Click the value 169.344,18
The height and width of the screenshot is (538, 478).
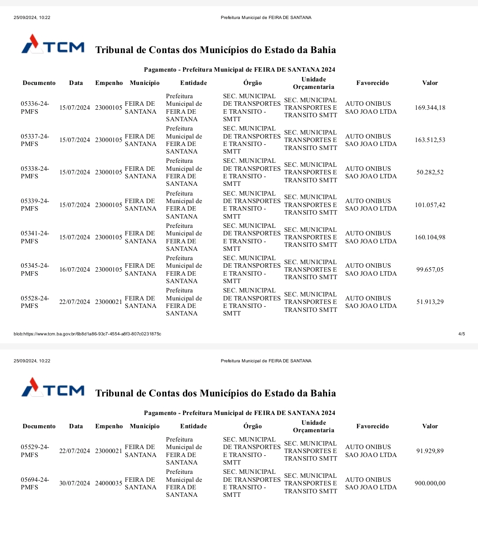click(430, 108)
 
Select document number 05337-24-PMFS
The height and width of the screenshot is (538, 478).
click(35, 140)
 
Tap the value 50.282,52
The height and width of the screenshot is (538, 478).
click(430, 172)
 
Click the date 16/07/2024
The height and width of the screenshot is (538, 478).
click(74, 269)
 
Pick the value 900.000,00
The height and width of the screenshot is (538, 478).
click(430, 483)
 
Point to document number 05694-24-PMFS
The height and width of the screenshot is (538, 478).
click(35, 484)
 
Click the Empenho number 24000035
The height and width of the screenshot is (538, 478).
click(108, 483)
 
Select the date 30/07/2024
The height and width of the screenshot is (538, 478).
click(74, 483)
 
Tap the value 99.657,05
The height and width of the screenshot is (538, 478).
click(430, 269)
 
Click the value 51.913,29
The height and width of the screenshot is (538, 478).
click(430, 302)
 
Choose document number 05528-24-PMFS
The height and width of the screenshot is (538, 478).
click(35, 302)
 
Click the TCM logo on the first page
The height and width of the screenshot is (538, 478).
click(53, 44)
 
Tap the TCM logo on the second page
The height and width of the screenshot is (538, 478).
click(53, 388)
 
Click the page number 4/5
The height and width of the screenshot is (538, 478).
click(462, 334)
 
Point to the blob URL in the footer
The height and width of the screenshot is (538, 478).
click(87, 334)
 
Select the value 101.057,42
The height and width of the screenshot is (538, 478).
click(430, 205)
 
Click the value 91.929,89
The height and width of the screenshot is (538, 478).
click(430, 451)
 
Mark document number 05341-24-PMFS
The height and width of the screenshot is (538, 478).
click(35, 237)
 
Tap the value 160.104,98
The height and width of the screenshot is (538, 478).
click(430, 237)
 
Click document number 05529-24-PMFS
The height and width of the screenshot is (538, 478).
click(35, 451)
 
